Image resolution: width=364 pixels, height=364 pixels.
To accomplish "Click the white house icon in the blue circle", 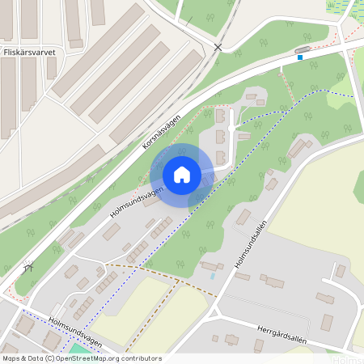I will click(182, 174).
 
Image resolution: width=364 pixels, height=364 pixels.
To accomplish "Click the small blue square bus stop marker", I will click(300, 57).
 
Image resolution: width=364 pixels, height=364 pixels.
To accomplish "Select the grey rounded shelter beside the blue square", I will click(303, 50).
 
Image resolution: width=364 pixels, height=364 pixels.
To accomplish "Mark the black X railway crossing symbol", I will click(217, 48).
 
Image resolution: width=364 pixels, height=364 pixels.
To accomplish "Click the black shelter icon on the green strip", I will click(30, 266).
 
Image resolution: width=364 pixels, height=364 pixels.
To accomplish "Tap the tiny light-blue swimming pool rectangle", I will click(213, 276).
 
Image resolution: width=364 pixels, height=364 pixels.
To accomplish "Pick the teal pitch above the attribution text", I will click(76, 349).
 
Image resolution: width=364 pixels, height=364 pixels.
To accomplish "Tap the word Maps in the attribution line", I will click(11, 358).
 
